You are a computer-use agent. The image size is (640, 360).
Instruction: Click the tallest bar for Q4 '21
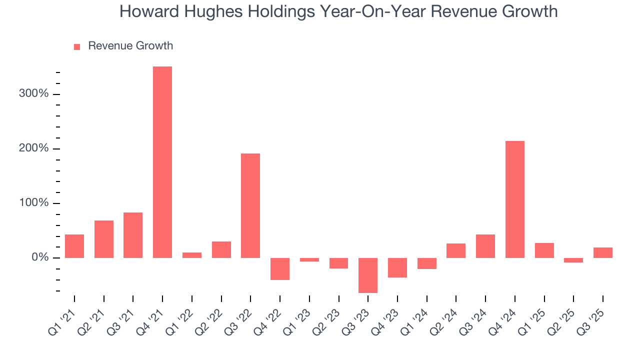[162, 162]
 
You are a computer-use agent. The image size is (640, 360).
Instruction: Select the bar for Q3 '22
[250, 205]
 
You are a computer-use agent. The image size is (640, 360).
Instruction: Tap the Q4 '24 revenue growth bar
[515, 199]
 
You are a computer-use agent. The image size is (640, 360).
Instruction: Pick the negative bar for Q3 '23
[368, 275]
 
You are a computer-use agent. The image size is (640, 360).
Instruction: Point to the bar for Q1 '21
[74, 246]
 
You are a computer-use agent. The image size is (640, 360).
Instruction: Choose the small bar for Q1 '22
[192, 255]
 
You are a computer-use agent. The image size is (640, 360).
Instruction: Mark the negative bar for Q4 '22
[280, 268]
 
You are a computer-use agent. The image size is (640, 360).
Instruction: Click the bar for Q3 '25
[603, 252]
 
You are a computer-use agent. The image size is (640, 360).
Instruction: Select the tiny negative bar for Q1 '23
[309, 259]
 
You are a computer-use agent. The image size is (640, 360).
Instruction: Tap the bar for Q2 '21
[104, 239]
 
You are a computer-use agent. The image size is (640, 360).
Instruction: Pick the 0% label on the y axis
[39, 257]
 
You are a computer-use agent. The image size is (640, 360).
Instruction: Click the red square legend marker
[77, 46]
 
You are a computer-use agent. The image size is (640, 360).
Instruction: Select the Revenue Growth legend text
[130, 46]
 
